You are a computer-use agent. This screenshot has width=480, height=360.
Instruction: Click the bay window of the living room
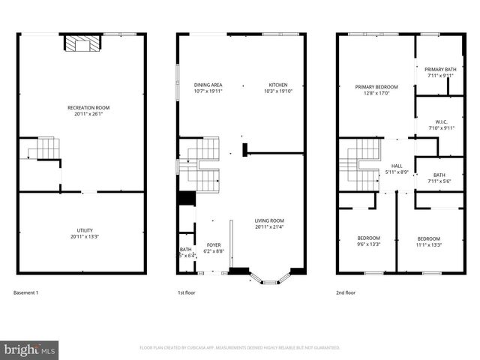(269, 278)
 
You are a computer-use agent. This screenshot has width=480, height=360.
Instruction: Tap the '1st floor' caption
(186, 292)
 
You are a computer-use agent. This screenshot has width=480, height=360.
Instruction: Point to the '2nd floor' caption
(346, 292)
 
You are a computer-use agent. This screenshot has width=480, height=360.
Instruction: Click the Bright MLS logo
(30, 349)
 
